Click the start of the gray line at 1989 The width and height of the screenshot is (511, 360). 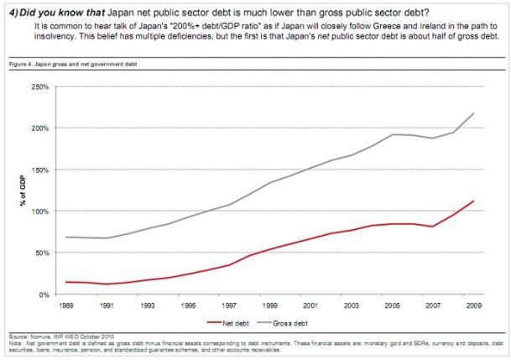click(x=66, y=237)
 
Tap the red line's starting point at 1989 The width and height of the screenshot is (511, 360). click(x=66, y=282)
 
